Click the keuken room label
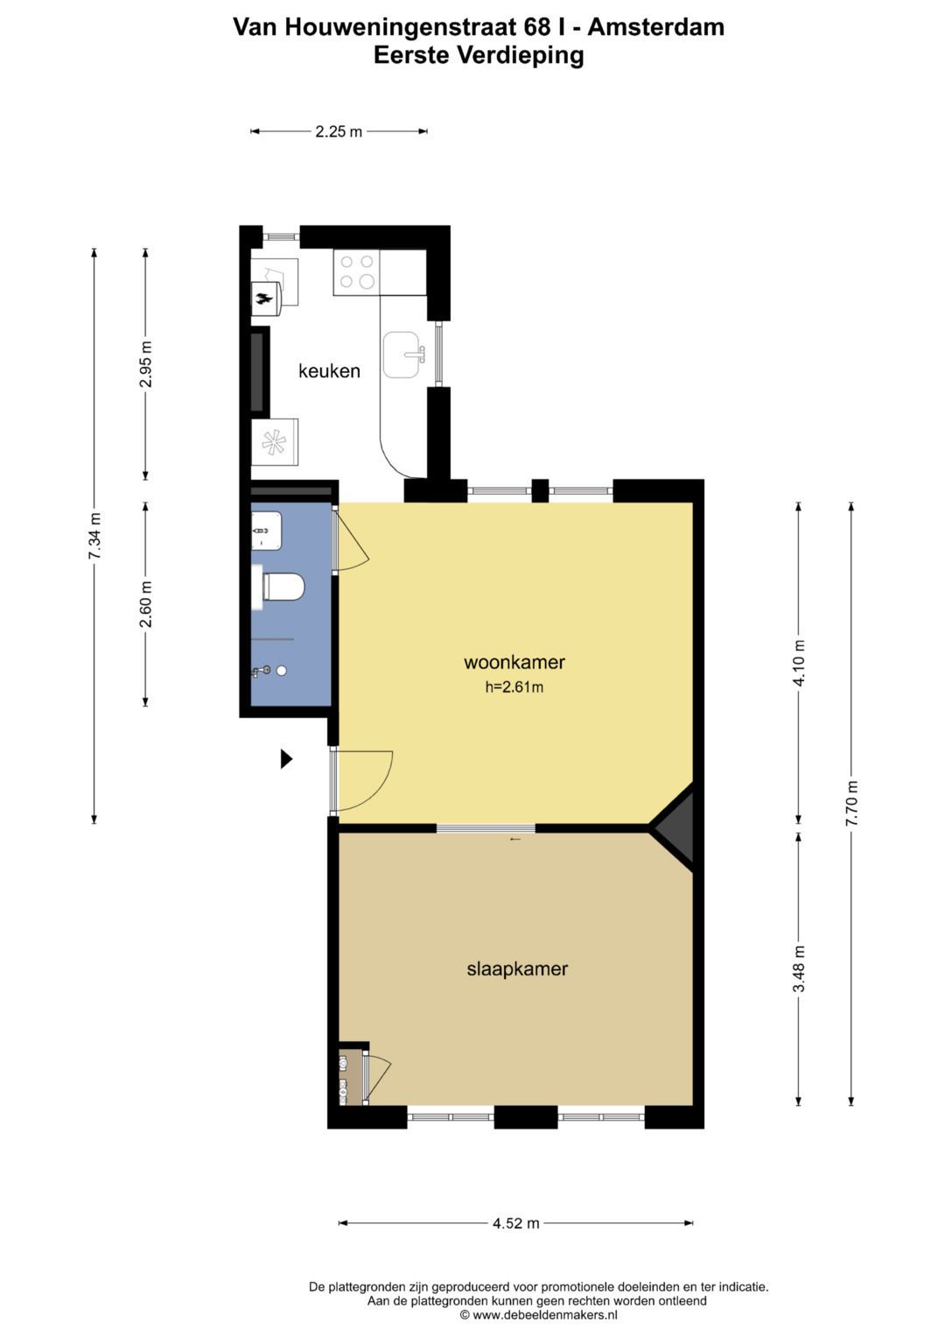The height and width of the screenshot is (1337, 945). coord(329,370)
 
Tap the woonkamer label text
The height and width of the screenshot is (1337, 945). coord(514,662)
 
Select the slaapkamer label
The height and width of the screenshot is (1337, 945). coord(517,968)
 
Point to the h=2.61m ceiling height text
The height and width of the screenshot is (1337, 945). coord(514,687)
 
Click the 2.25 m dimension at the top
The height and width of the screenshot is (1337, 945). coord(339,131)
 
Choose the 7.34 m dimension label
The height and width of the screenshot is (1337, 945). coord(94,535)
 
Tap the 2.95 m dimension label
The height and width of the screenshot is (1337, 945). coord(146,364)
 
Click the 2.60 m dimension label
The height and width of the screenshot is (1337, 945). coord(146,604)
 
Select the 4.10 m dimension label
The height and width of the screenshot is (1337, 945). coord(799,663)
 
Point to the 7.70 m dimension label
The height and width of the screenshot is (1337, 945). coord(851,804)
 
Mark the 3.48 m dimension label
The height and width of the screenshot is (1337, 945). coord(799,968)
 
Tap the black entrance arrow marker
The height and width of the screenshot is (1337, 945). coord(286,759)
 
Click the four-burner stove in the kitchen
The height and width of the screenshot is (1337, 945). coord(357,272)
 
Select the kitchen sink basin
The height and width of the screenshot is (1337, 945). coord(401,355)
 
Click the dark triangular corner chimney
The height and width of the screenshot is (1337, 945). coord(675,828)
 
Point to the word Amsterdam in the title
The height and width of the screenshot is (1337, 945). coord(656,27)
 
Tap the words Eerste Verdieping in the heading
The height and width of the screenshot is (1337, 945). coord(479,55)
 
